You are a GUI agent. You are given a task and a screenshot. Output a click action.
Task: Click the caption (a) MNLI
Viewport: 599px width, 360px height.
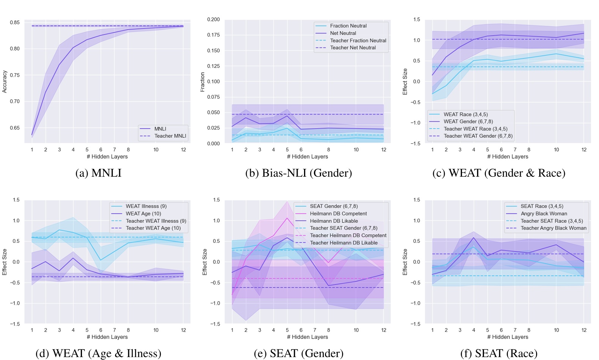click(98, 173)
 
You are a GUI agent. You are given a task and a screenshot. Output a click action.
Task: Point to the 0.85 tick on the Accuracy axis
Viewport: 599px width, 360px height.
click(15, 22)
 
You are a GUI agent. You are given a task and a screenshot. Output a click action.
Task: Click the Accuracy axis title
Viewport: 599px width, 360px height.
click(5, 81)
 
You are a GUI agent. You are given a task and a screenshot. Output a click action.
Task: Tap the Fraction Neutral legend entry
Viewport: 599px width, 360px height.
click(348, 26)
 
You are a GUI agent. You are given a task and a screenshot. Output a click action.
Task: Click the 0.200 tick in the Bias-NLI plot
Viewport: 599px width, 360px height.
click(213, 19)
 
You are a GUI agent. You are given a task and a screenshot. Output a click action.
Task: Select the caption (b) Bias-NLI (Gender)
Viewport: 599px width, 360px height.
click(298, 173)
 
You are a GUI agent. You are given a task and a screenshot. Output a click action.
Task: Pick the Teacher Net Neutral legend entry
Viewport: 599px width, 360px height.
click(353, 47)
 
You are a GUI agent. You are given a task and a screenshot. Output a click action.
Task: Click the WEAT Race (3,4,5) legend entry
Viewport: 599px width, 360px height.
click(465, 114)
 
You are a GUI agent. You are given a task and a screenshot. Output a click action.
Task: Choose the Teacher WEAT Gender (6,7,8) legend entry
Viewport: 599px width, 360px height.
click(478, 136)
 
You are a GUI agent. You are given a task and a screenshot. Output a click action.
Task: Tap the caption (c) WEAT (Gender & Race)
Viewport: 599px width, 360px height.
click(499, 173)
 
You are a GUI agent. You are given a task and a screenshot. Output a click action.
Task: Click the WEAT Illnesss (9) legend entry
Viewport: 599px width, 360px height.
click(146, 206)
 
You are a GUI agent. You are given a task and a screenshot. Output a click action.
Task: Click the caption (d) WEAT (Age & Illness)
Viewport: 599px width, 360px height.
click(98, 353)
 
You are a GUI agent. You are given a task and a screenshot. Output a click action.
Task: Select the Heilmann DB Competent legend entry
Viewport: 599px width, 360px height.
click(338, 214)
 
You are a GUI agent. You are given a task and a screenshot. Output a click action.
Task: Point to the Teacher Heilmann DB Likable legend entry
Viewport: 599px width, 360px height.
click(344, 243)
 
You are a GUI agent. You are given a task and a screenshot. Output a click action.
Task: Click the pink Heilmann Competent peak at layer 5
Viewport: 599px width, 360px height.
click(287, 218)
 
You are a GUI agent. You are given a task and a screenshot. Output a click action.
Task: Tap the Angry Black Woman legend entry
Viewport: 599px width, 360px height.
click(544, 214)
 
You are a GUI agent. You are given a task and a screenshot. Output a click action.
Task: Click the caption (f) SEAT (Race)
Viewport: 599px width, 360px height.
click(499, 353)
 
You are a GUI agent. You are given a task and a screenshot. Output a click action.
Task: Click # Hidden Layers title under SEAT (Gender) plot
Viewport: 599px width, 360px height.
click(307, 337)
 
